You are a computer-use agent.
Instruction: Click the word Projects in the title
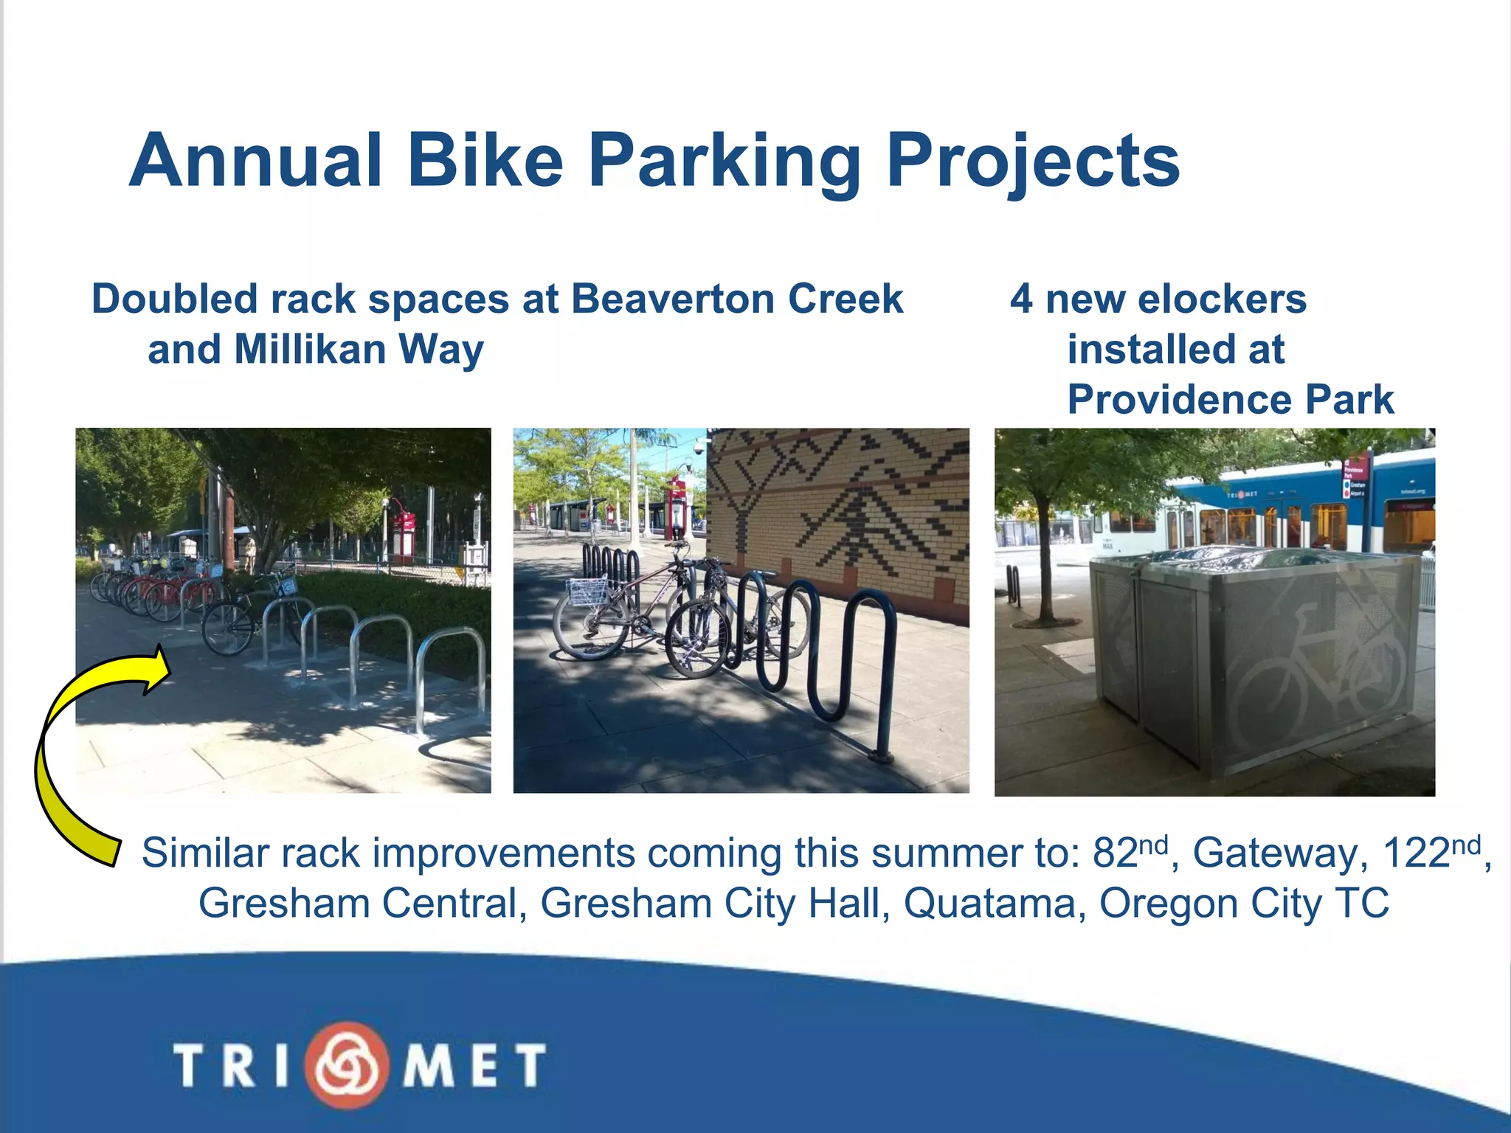click(1032, 162)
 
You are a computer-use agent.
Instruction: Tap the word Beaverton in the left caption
click(673, 299)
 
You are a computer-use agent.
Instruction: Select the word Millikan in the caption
click(309, 349)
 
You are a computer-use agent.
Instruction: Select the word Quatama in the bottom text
click(995, 903)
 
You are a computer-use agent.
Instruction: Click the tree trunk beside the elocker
click(1043, 561)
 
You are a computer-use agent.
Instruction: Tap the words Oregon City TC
click(1244, 903)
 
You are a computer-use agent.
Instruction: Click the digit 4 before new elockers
click(1021, 299)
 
